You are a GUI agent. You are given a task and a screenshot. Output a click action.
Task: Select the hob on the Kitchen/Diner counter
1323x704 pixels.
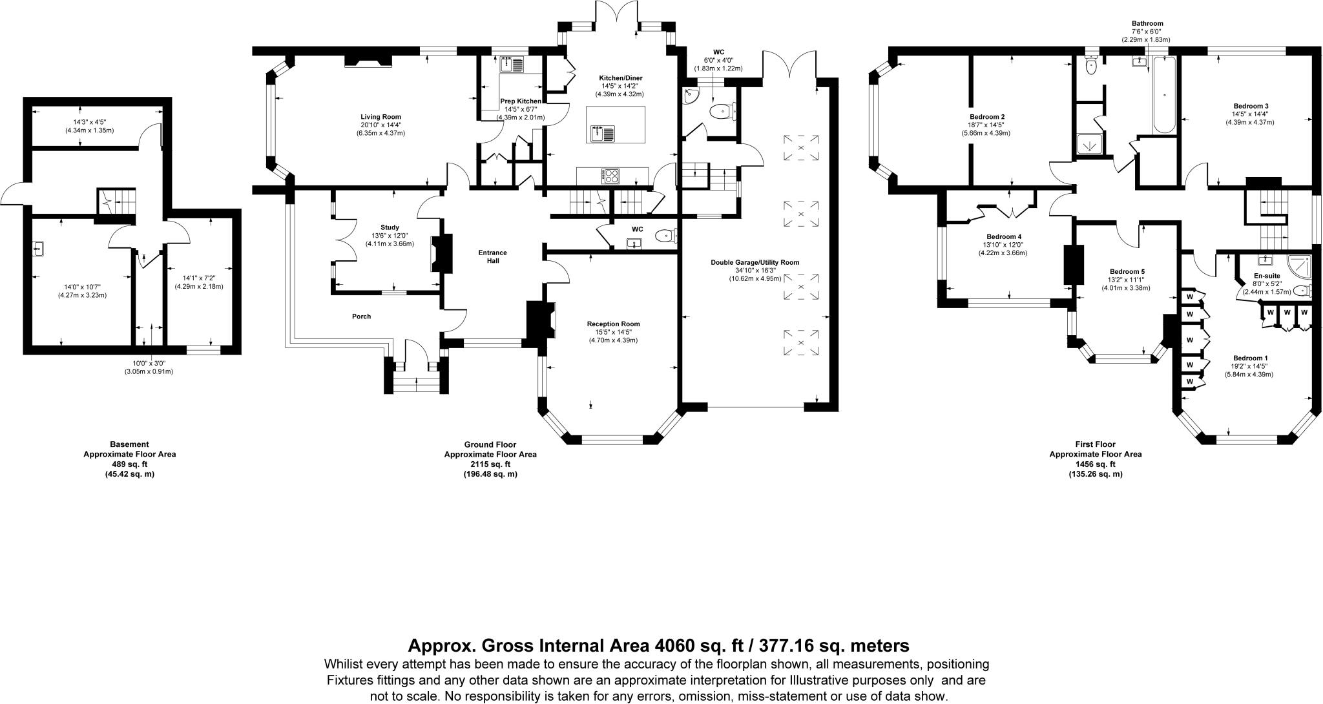[611, 174]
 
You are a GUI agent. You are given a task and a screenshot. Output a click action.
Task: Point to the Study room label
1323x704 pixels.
[390, 227]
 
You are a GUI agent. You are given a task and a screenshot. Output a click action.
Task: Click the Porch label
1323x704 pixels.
[361, 316]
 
